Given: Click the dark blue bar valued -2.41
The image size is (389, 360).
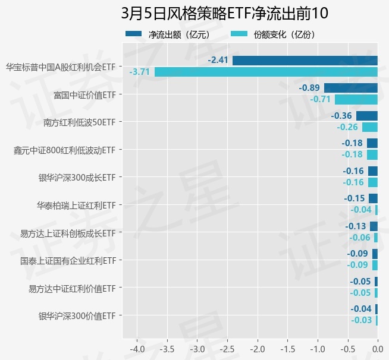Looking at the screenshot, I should [x=305, y=60].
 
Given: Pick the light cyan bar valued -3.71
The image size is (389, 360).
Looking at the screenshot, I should [x=266, y=72].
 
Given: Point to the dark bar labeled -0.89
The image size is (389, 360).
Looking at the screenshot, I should [x=350, y=88].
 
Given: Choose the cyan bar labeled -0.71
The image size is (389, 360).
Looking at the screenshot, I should [x=356, y=99].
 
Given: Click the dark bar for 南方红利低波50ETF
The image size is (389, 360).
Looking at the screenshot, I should [x=366, y=115].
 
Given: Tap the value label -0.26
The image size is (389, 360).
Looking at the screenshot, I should [x=347, y=127].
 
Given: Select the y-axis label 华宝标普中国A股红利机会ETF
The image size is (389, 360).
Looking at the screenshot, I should [x=59, y=67].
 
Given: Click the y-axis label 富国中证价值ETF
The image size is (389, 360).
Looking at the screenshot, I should [x=84, y=94].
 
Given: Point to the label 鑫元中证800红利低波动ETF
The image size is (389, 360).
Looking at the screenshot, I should [x=64, y=150].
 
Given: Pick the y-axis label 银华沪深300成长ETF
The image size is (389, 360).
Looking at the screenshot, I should [x=76, y=177].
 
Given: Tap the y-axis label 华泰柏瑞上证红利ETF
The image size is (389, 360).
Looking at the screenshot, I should [x=76, y=205].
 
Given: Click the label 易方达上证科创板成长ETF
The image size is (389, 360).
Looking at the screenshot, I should [x=67, y=233].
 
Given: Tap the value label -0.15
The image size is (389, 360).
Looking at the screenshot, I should [x=355, y=198].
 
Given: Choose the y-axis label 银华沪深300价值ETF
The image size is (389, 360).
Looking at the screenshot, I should [x=76, y=316].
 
